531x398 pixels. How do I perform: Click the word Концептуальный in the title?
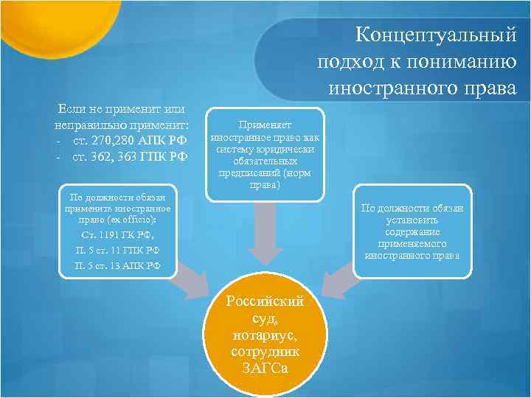pos(435,35)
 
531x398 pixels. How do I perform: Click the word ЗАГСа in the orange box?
pos(265,369)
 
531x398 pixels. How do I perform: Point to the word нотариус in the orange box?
pos(265,336)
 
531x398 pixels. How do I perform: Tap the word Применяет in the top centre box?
pos(265,125)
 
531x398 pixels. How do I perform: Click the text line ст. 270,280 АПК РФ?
pos(130,140)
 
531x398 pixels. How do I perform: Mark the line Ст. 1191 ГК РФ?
pos(117,235)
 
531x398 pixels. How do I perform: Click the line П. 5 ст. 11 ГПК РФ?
pos(117,250)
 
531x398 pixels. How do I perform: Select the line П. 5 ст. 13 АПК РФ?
pos(117,265)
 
